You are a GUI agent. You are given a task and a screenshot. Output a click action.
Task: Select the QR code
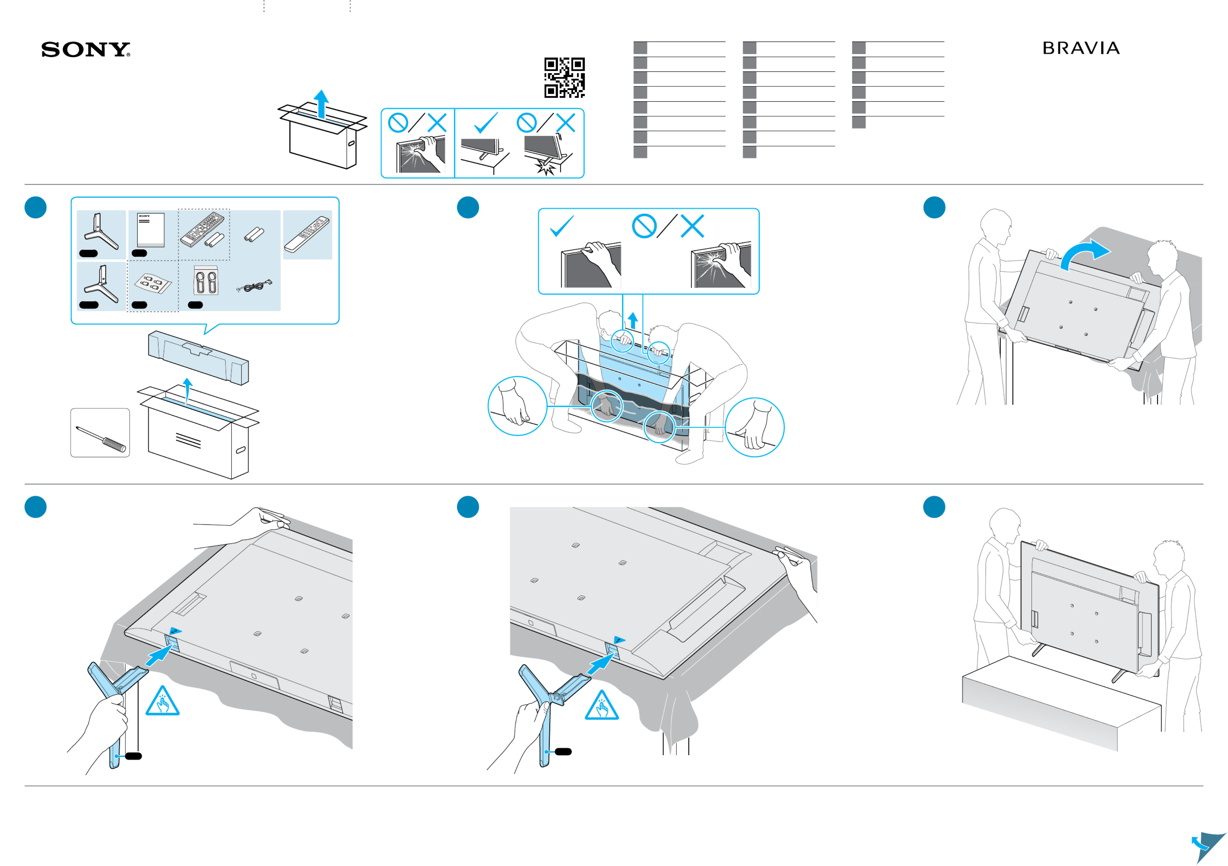(x=564, y=78)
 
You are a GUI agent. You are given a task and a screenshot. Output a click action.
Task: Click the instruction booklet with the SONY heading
(x=151, y=230)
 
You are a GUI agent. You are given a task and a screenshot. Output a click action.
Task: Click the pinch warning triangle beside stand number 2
(x=162, y=702)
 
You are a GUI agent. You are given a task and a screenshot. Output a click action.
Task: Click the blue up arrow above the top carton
(x=321, y=103)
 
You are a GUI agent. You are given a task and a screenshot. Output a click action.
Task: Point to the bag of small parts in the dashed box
(x=152, y=283)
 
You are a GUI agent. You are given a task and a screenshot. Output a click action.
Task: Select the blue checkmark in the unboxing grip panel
(x=562, y=226)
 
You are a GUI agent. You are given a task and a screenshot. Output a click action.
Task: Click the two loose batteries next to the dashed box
(x=254, y=234)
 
